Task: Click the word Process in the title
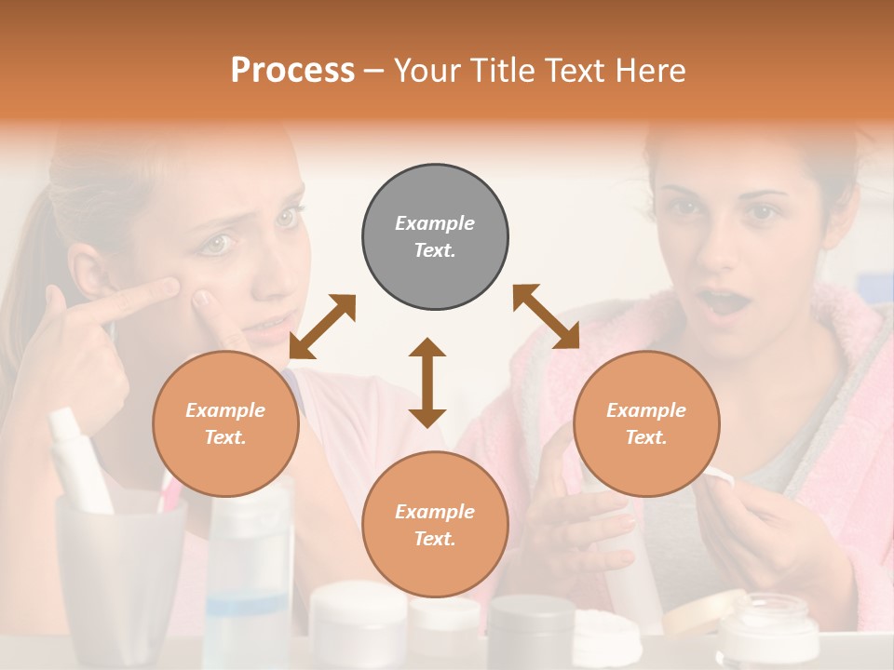click(292, 71)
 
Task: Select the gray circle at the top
click(435, 236)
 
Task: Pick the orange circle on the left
click(225, 423)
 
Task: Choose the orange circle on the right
click(646, 423)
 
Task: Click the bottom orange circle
click(435, 524)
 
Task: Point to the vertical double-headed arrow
click(427, 382)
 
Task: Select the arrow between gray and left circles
click(322, 327)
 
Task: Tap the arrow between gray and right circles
click(546, 316)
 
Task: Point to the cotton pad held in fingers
click(718, 477)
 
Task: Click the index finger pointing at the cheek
click(140, 299)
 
